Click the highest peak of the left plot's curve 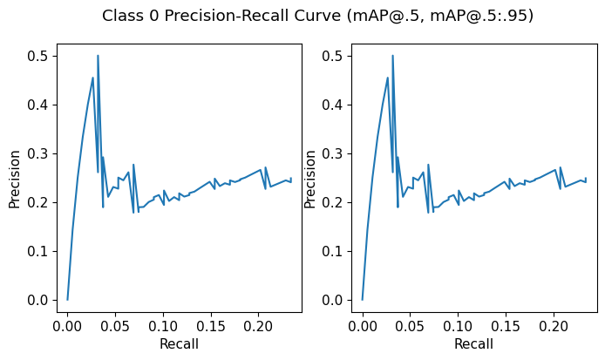(x=98, y=56)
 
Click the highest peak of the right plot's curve (x=392, y=56)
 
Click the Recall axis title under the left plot (x=179, y=343)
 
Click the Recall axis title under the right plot (x=473, y=343)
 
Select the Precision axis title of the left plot (x=15, y=179)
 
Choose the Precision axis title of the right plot (x=309, y=179)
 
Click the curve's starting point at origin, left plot (x=68, y=300)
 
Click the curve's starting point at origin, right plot (x=363, y=300)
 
